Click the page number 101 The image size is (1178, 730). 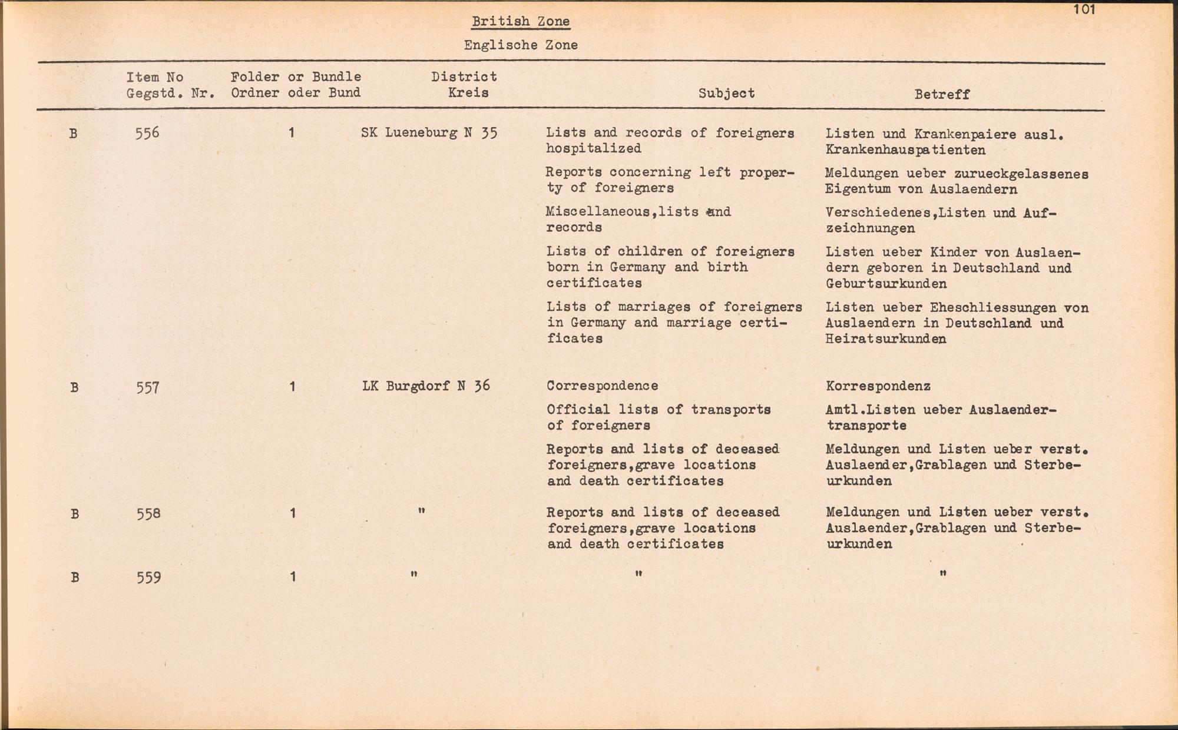click(x=1084, y=9)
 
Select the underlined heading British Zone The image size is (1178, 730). click(x=521, y=22)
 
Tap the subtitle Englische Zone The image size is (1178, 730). click(x=521, y=45)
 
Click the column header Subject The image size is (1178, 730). click(x=726, y=93)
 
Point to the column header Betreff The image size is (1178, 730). click(x=942, y=94)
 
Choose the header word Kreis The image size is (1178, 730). click(x=468, y=92)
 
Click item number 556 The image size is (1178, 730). click(x=147, y=133)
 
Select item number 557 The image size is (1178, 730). click(x=148, y=387)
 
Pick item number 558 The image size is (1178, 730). click(x=148, y=514)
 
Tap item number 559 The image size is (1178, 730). click(x=148, y=578)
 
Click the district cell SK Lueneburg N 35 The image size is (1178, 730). click(x=429, y=132)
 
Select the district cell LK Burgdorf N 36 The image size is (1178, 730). click(x=426, y=386)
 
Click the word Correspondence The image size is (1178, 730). click(x=603, y=386)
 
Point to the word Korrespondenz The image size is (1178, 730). click(x=878, y=386)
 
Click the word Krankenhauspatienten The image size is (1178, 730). click(x=905, y=150)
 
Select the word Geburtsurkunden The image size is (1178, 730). click(x=886, y=284)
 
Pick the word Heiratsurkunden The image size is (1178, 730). click(x=886, y=339)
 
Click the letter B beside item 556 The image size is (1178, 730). click(x=73, y=134)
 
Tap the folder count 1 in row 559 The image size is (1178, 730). click(x=292, y=577)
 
